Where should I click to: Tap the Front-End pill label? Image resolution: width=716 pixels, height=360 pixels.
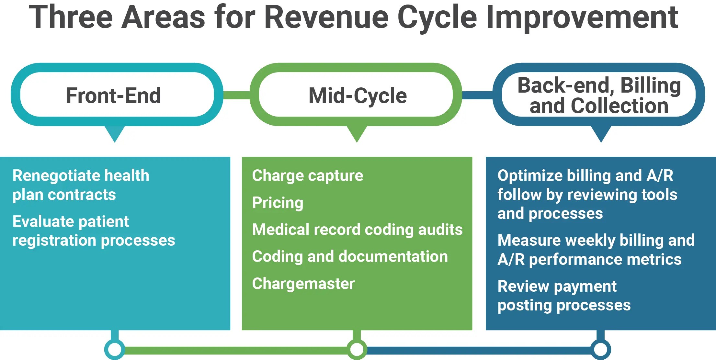click(x=114, y=96)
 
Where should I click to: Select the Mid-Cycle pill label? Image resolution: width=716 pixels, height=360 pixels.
click(x=358, y=96)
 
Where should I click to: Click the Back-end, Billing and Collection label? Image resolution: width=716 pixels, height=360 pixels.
click(x=599, y=96)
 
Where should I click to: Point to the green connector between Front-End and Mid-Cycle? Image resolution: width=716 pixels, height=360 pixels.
click(x=236, y=95)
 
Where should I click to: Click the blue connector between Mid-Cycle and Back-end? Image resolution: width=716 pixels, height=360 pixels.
click(x=477, y=95)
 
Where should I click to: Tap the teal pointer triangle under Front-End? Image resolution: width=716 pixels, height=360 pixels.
click(x=115, y=133)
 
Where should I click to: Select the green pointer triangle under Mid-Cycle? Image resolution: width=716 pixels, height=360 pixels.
click(x=357, y=133)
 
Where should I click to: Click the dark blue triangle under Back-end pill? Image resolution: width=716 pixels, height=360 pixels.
click(x=601, y=133)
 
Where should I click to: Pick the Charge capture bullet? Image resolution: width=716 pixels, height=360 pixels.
click(x=307, y=176)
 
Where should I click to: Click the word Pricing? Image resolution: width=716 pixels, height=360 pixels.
click(x=278, y=203)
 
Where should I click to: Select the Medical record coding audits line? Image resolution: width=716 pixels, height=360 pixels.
click(x=357, y=230)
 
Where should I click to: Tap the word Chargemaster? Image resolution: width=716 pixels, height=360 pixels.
click(x=303, y=284)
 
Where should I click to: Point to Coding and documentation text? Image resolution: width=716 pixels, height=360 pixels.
click(x=350, y=257)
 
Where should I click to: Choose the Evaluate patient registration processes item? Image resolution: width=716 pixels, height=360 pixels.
click(x=93, y=231)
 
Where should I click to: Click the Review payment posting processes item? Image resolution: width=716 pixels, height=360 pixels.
click(x=564, y=296)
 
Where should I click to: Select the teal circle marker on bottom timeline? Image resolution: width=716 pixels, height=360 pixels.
click(x=115, y=349)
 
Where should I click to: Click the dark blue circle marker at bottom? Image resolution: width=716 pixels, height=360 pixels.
click(x=601, y=349)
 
